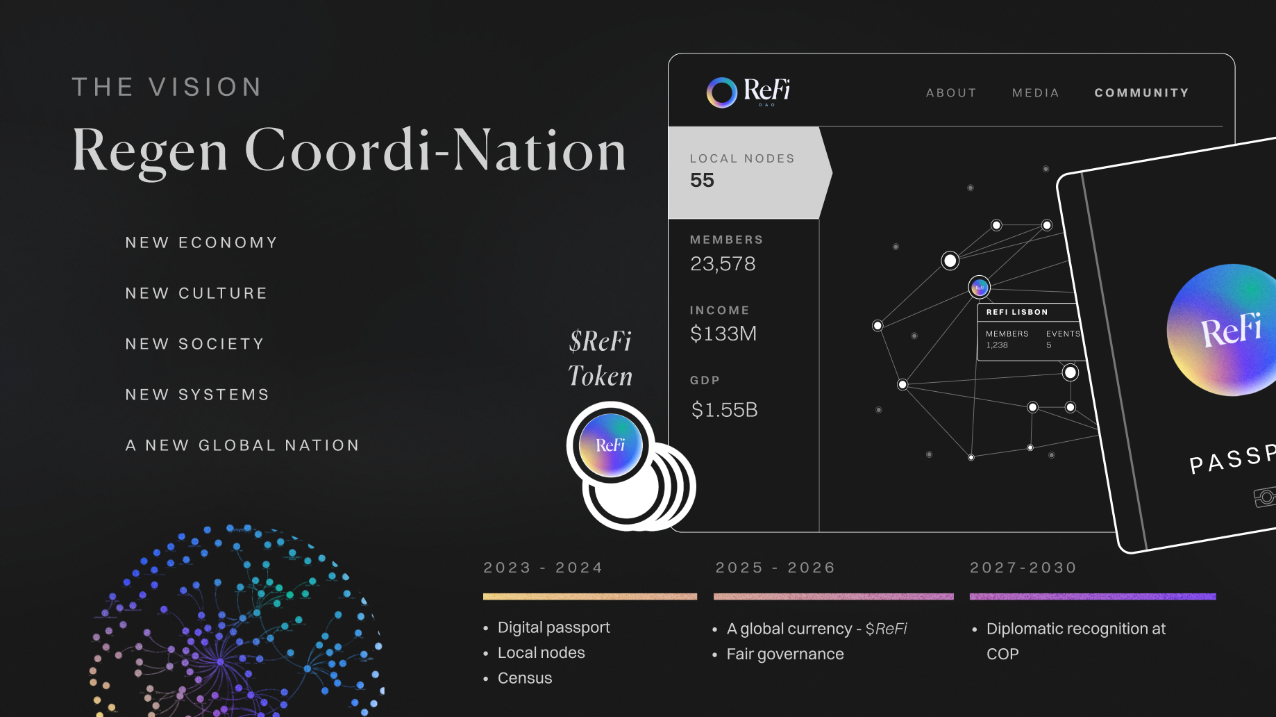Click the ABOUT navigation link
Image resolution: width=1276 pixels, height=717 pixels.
[951, 93]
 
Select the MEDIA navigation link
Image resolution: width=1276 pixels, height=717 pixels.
[1035, 93]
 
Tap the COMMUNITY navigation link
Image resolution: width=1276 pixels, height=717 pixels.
[1141, 93]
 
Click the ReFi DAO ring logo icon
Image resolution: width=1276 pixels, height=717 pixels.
[722, 92]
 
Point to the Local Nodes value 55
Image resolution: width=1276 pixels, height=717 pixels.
[702, 181]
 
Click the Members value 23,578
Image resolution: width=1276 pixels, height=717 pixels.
[723, 264]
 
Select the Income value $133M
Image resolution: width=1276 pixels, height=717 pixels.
[723, 334]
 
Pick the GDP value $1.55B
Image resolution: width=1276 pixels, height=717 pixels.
[724, 410]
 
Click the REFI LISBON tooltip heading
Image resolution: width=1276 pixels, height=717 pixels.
[1017, 312]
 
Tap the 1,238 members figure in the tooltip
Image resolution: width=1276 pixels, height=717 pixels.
[997, 345]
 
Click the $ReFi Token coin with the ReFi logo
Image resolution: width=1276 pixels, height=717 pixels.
[610, 445]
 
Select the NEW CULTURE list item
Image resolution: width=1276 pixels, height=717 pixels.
[196, 293]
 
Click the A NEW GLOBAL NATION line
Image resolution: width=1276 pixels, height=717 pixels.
[242, 445]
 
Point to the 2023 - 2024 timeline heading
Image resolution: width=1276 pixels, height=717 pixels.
[543, 568]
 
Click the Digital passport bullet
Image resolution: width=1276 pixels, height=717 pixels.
[553, 627]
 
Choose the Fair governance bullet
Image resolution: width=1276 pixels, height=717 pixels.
[784, 654]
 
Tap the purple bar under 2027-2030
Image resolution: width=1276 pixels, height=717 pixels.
[1093, 596]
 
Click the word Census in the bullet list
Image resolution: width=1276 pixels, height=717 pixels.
[525, 678]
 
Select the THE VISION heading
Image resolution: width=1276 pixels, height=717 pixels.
[167, 88]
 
